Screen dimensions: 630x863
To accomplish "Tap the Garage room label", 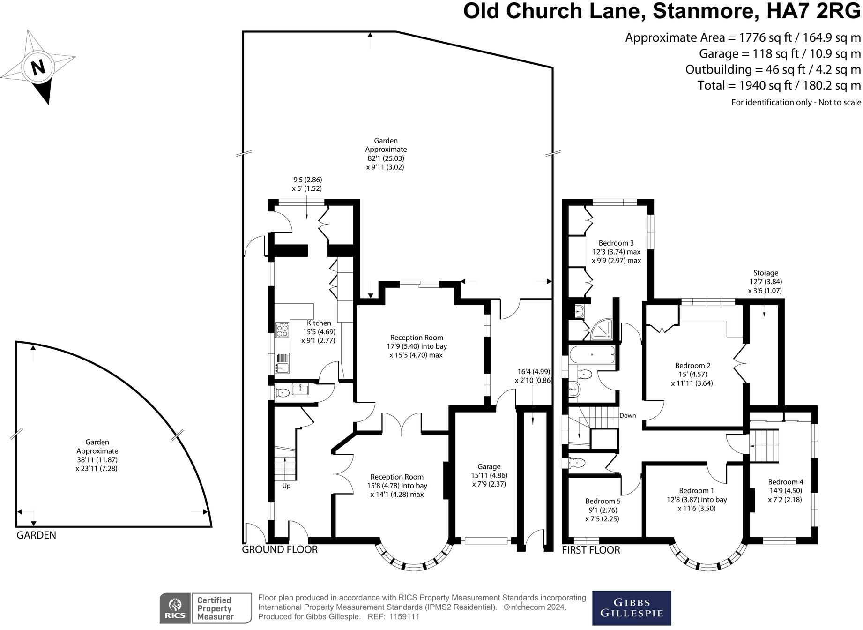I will click(x=489, y=466).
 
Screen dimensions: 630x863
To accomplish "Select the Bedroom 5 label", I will click(x=603, y=501).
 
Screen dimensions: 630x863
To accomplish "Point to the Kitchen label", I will click(x=319, y=323).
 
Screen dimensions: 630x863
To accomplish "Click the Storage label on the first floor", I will click(x=766, y=273).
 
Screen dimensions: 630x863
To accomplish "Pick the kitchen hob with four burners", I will click(x=283, y=330).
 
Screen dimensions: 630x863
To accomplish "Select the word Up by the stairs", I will click(x=286, y=486).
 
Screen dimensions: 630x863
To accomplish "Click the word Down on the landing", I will click(x=627, y=415).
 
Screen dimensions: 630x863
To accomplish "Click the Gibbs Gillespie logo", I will click(x=632, y=608).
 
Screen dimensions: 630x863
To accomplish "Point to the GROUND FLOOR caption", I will click(x=280, y=549).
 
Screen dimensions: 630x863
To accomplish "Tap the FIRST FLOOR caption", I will click(x=591, y=550).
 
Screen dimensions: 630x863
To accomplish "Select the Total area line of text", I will click(x=779, y=85).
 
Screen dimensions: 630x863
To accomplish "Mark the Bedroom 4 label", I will click(x=785, y=482).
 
